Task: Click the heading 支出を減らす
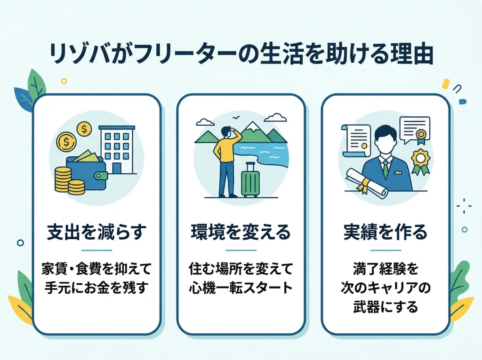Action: (x=96, y=232)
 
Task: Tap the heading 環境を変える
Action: (x=241, y=232)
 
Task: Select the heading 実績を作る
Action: (x=385, y=232)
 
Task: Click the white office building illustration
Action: (x=116, y=150)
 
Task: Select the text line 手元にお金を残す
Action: (x=96, y=287)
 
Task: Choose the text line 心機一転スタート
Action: (x=241, y=287)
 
